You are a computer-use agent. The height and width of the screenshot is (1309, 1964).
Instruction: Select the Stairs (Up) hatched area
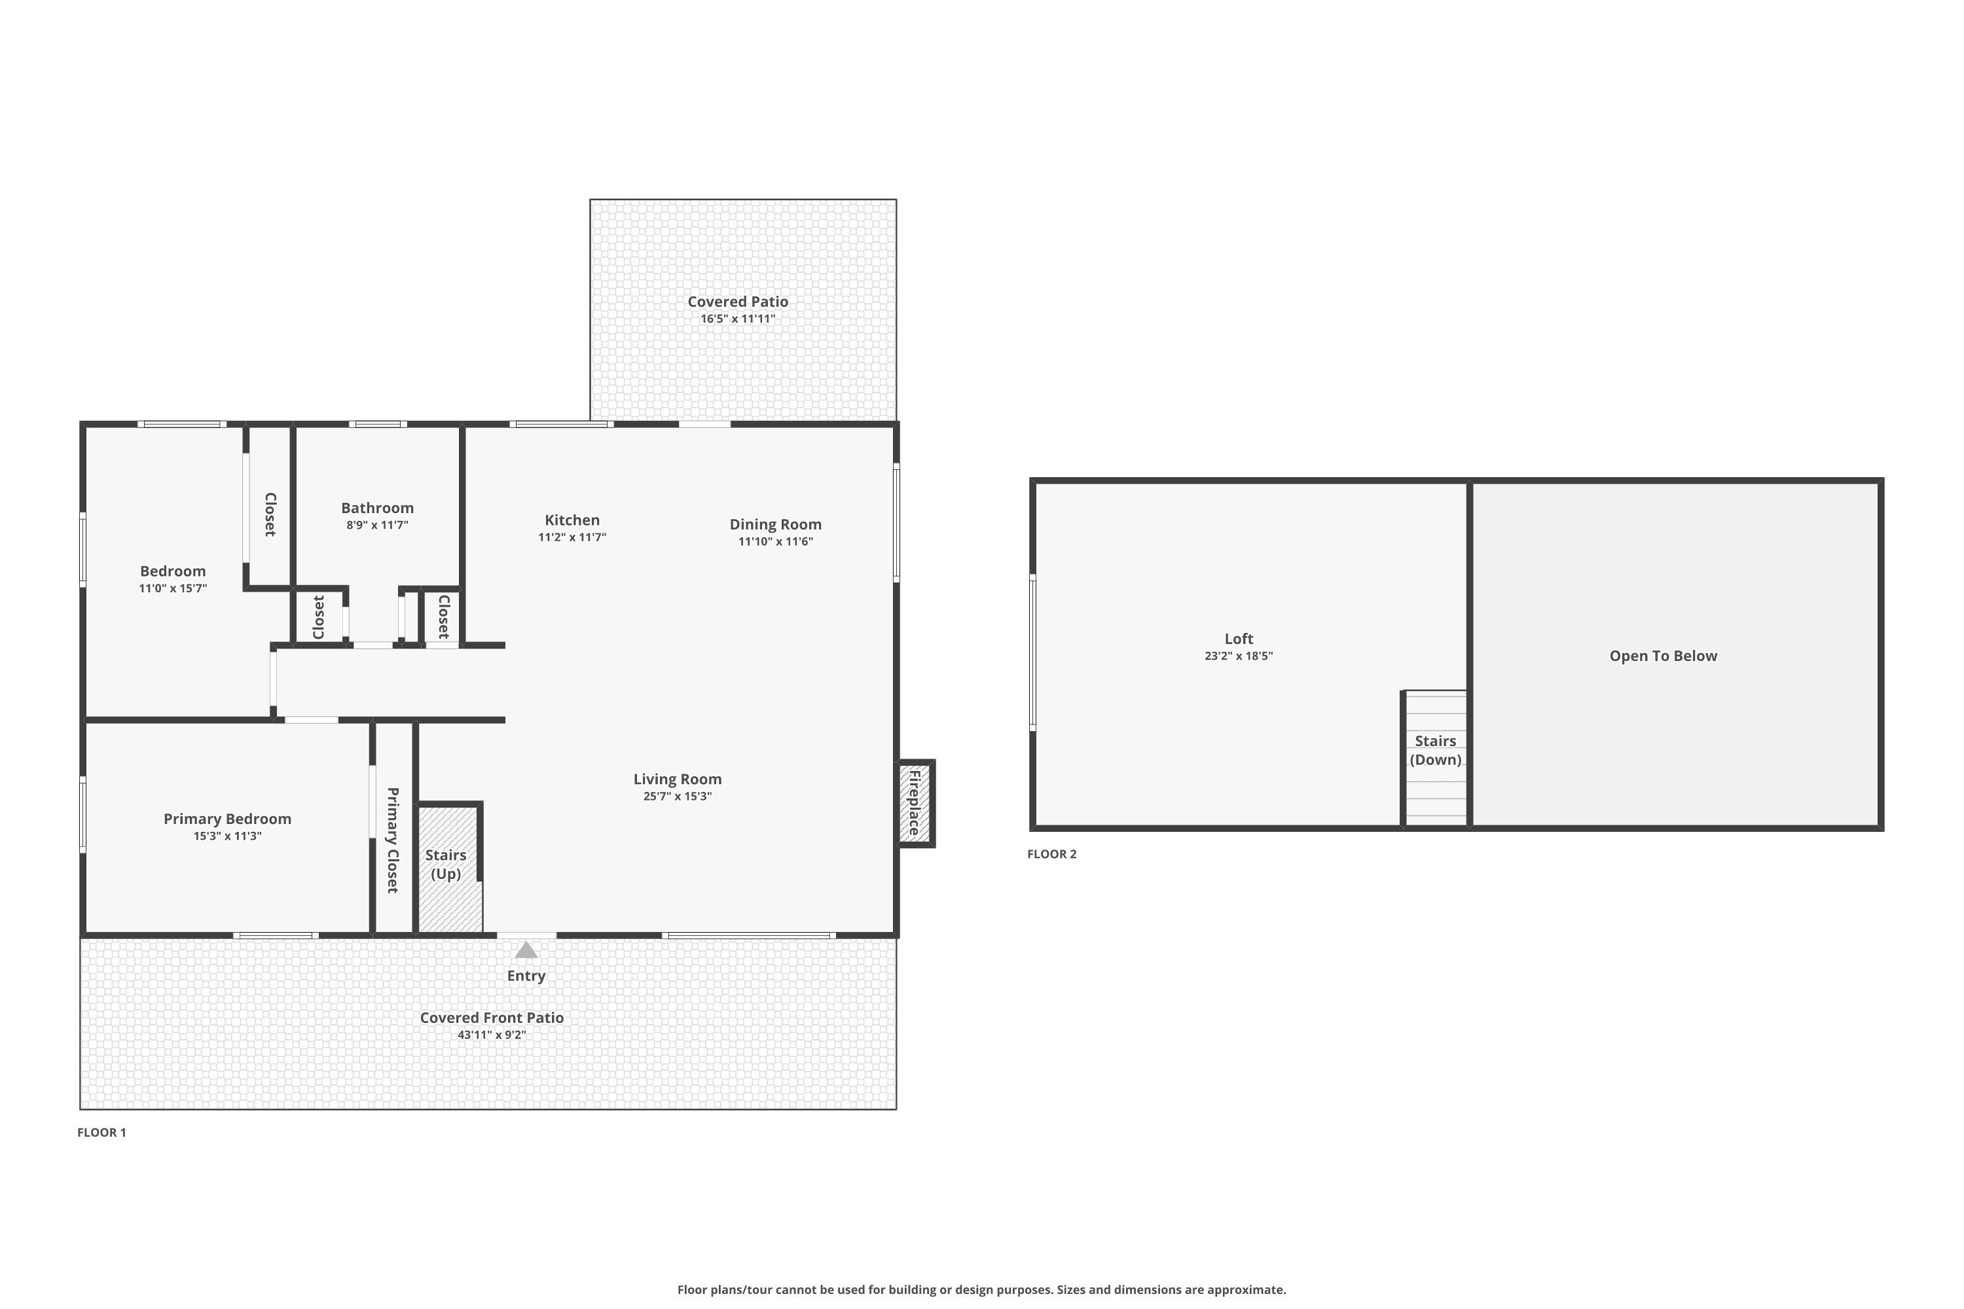(x=448, y=869)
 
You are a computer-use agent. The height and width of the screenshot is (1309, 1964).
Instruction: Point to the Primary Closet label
(x=392, y=840)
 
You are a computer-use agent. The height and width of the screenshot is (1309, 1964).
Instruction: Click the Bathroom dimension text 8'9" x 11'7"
(x=378, y=525)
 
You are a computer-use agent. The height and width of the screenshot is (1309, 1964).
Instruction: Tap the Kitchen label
(x=572, y=520)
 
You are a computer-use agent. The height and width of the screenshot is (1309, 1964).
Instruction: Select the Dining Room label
(x=775, y=524)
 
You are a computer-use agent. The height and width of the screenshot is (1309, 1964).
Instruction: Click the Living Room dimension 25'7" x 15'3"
(x=677, y=797)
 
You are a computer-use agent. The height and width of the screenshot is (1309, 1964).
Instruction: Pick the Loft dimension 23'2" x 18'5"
(x=1239, y=656)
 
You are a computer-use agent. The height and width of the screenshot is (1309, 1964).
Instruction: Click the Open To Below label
(x=1663, y=656)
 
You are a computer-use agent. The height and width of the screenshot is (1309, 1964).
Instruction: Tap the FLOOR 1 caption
(x=102, y=1132)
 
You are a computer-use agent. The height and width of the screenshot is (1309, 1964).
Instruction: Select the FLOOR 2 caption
(x=1051, y=854)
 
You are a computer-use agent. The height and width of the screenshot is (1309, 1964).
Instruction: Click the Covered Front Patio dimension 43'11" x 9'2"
(x=491, y=1035)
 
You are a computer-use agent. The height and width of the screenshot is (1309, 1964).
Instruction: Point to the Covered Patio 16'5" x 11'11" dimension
(x=737, y=319)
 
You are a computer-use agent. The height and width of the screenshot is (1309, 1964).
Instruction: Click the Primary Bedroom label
(x=227, y=819)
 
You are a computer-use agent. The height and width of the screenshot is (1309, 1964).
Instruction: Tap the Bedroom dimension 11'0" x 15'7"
(x=173, y=588)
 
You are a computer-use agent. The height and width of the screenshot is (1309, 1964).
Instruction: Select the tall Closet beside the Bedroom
(x=270, y=509)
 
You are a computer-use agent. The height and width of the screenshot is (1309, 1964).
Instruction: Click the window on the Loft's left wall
(x=1033, y=652)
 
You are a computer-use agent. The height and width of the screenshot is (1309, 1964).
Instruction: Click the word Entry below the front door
(x=526, y=976)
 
